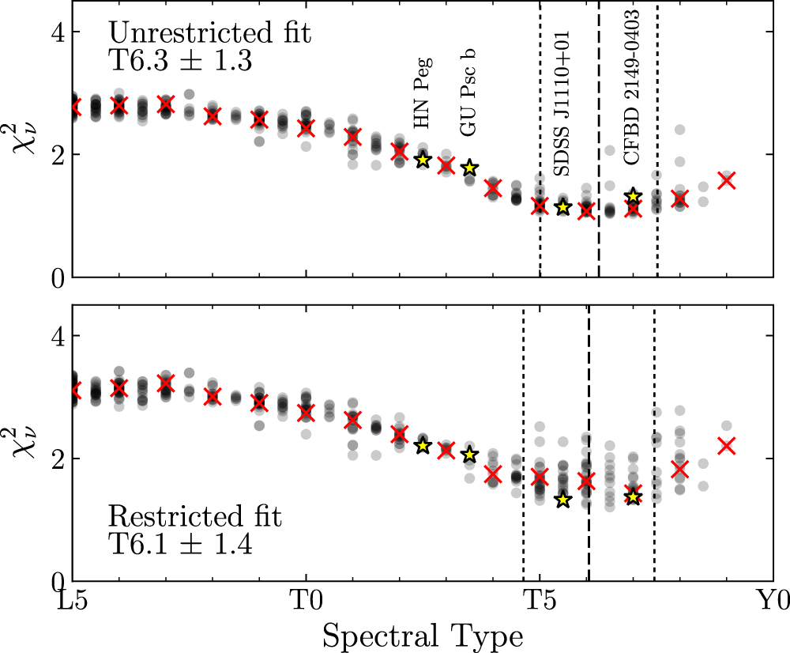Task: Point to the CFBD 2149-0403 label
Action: (x=632, y=85)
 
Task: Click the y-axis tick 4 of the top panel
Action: (x=60, y=32)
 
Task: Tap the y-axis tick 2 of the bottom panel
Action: (x=60, y=459)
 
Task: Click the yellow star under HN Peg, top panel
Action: (x=423, y=160)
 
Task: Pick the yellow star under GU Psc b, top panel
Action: (x=469, y=168)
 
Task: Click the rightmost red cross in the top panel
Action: (x=726, y=180)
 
